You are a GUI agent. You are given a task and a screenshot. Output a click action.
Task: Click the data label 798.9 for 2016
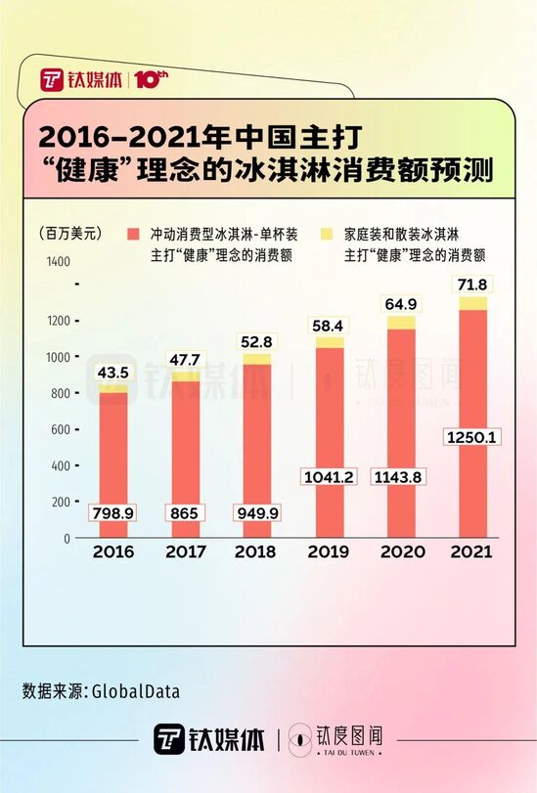coord(112,511)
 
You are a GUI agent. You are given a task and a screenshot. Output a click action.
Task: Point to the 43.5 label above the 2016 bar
coord(112,372)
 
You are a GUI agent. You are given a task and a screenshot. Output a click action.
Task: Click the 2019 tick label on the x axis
coord(328,552)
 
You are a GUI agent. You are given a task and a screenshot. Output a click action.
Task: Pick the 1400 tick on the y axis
coord(58,261)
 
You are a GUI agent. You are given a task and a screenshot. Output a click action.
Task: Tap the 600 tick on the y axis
coord(62,429)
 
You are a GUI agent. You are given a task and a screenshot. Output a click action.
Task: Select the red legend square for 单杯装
coord(132,235)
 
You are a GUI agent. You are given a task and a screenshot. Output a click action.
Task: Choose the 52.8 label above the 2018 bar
coord(256,342)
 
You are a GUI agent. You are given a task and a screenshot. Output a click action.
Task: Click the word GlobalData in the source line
coord(136,691)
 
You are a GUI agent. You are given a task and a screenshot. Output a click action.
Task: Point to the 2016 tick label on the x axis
coord(112,552)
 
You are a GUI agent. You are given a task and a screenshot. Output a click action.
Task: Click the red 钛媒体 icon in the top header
coord(53,79)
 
